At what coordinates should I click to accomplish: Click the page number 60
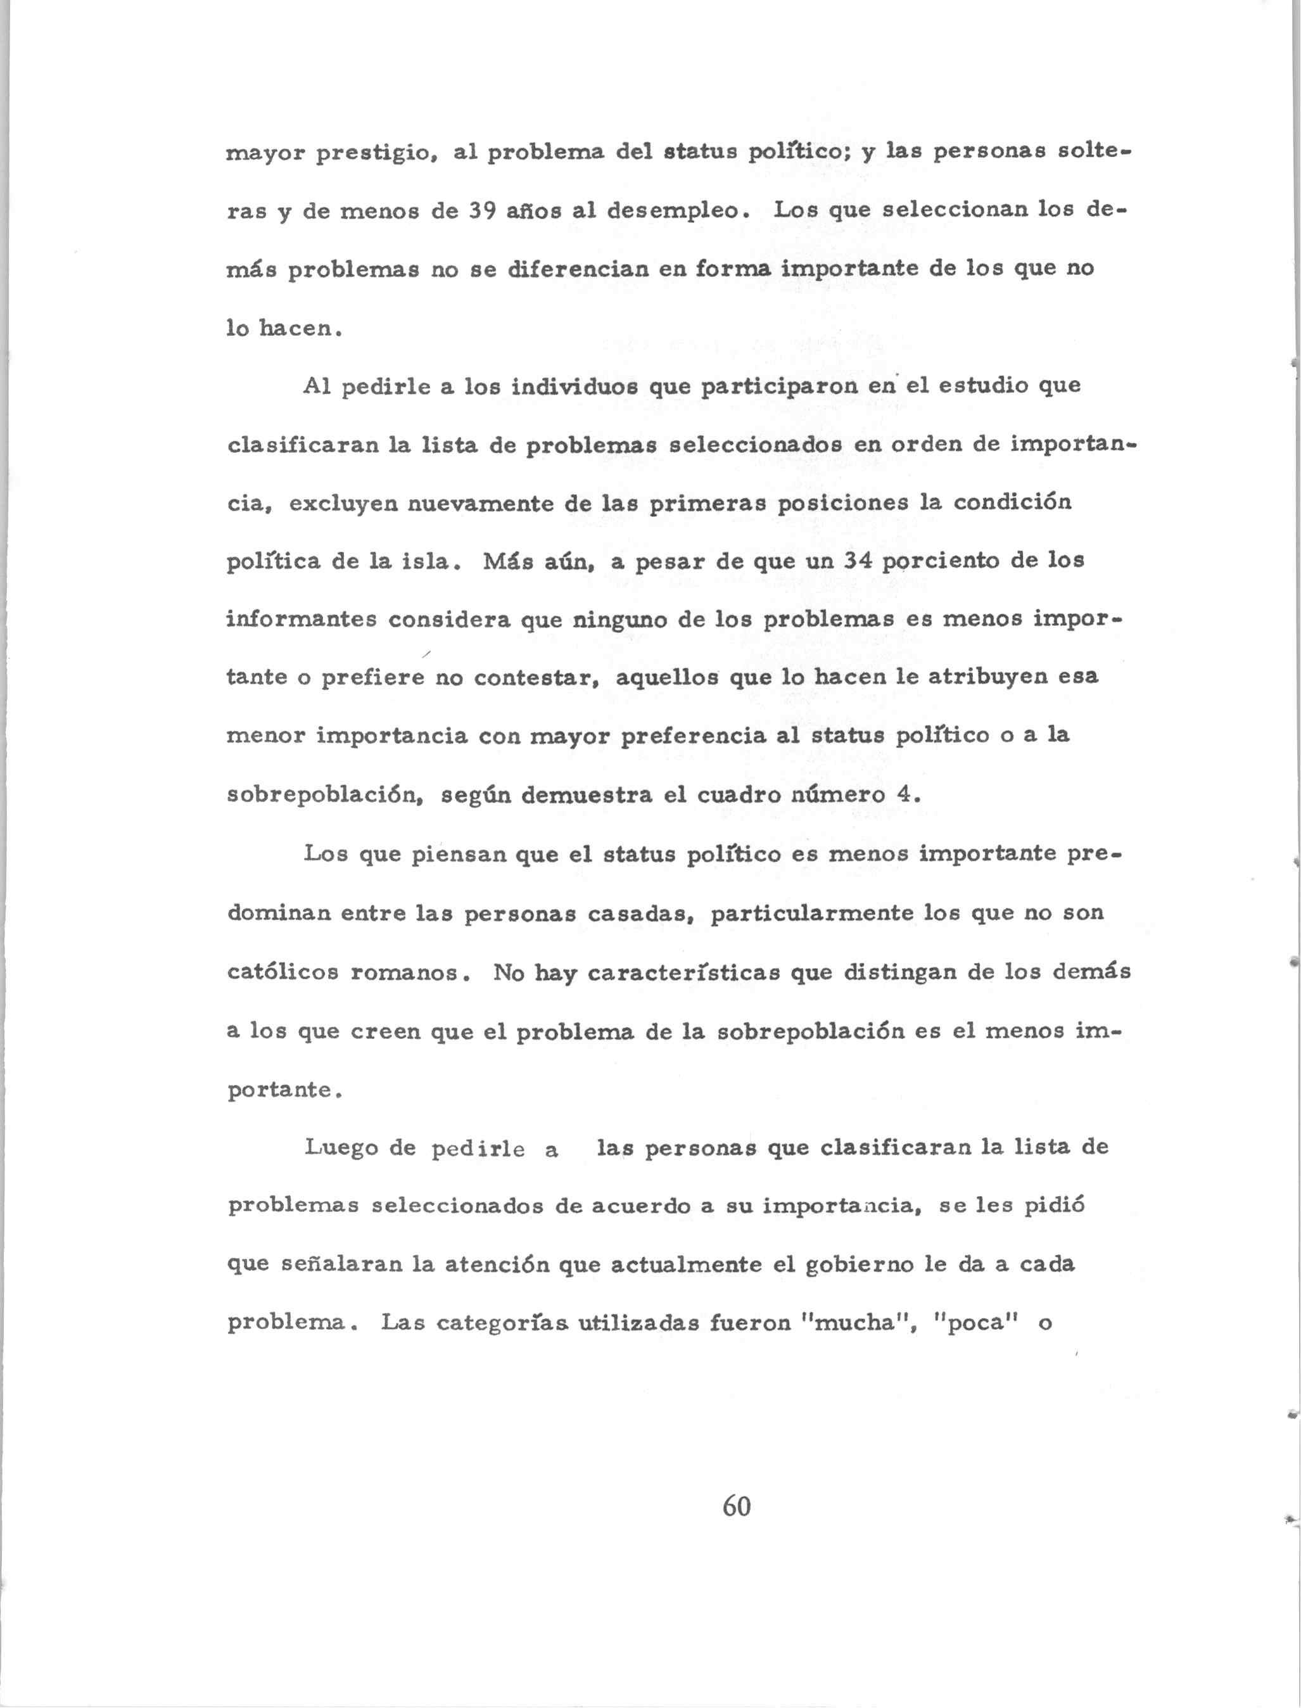tap(737, 1507)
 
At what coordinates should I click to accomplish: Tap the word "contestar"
tap(536, 679)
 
